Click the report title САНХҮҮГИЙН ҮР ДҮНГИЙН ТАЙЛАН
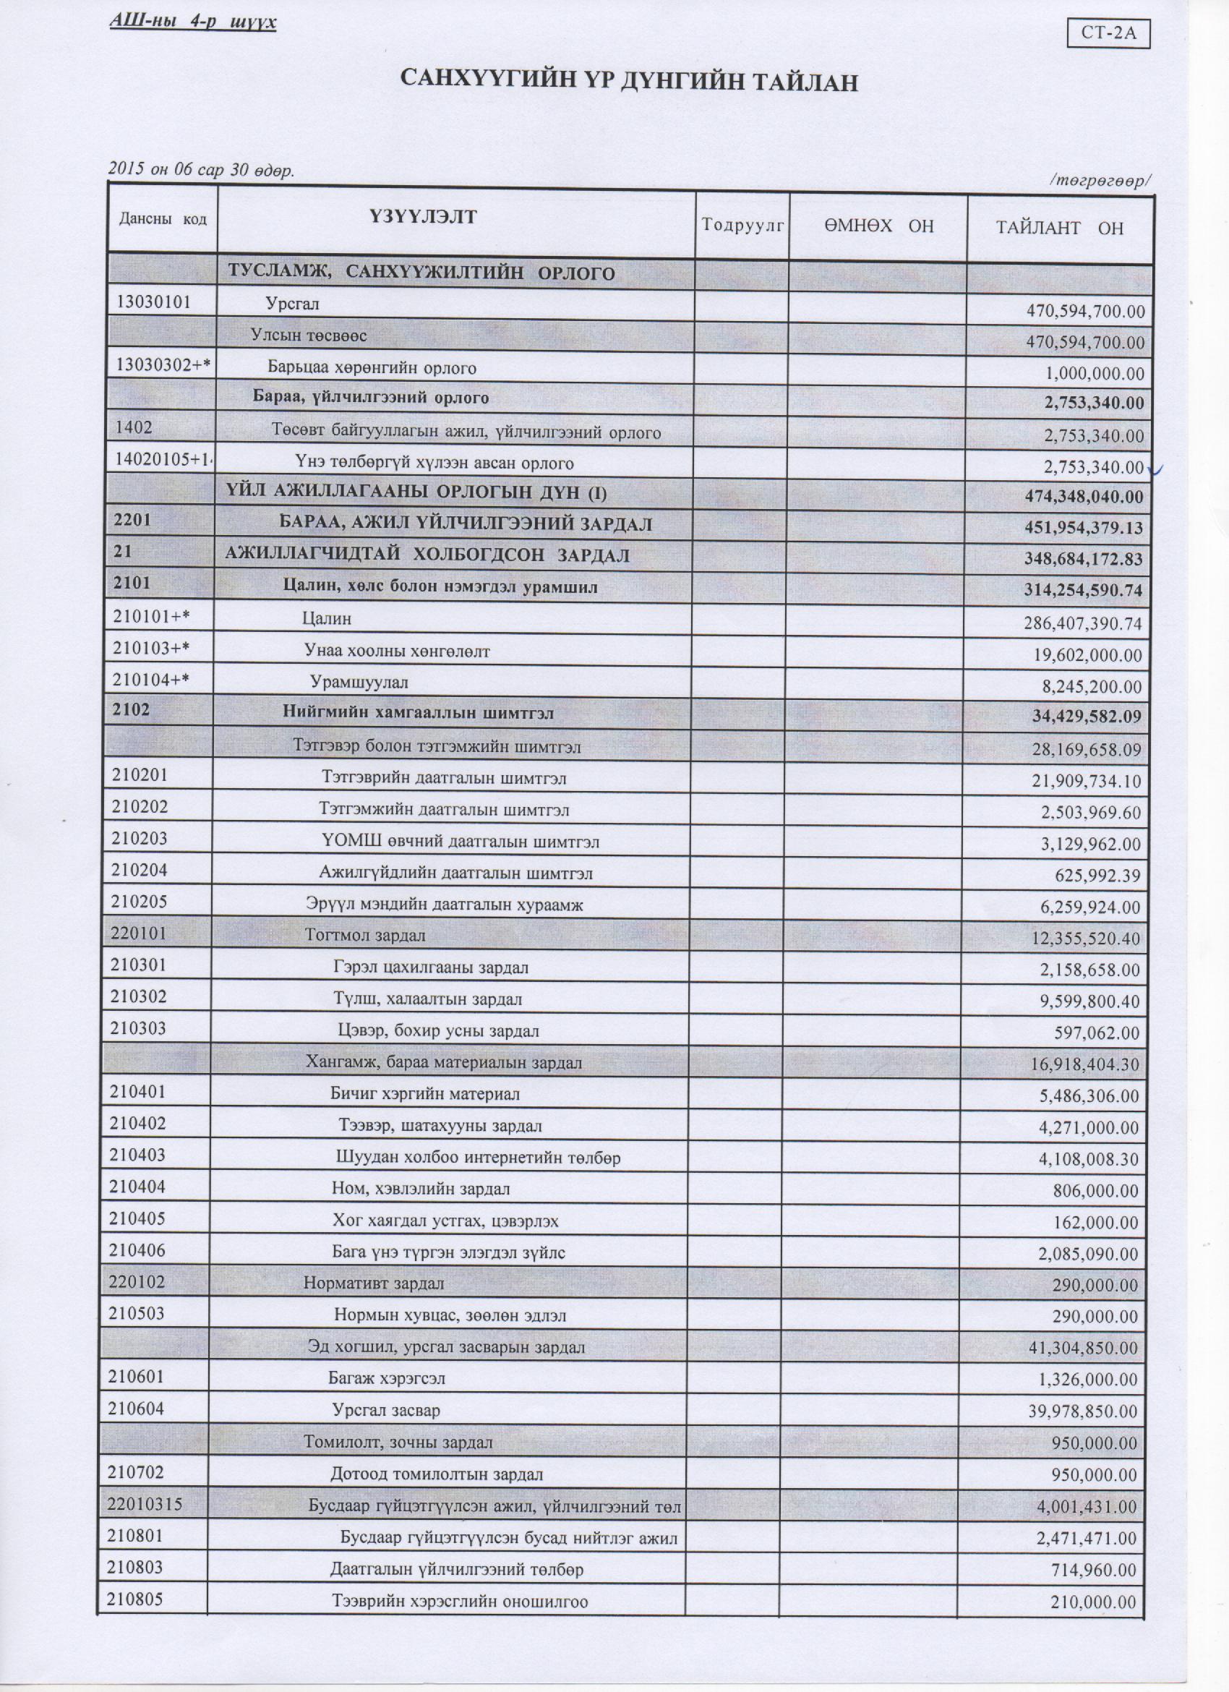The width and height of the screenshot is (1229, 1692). click(x=630, y=80)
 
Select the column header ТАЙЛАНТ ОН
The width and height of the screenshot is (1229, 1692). click(x=1060, y=228)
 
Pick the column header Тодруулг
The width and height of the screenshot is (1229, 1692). click(x=742, y=225)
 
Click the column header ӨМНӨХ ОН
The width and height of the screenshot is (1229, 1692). click(x=878, y=226)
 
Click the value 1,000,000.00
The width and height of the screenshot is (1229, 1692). click(x=1095, y=374)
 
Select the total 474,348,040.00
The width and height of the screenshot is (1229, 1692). click(x=1085, y=496)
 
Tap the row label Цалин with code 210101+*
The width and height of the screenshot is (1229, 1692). click(x=327, y=618)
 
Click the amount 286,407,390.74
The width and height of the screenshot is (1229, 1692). click(x=1083, y=623)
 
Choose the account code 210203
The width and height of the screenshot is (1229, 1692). click(x=140, y=839)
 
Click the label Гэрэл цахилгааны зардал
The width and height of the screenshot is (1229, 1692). click(x=430, y=968)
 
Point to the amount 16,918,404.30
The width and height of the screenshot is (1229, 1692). click(x=1085, y=1064)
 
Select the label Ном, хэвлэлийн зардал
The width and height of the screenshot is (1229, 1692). click(x=421, y=1189)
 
